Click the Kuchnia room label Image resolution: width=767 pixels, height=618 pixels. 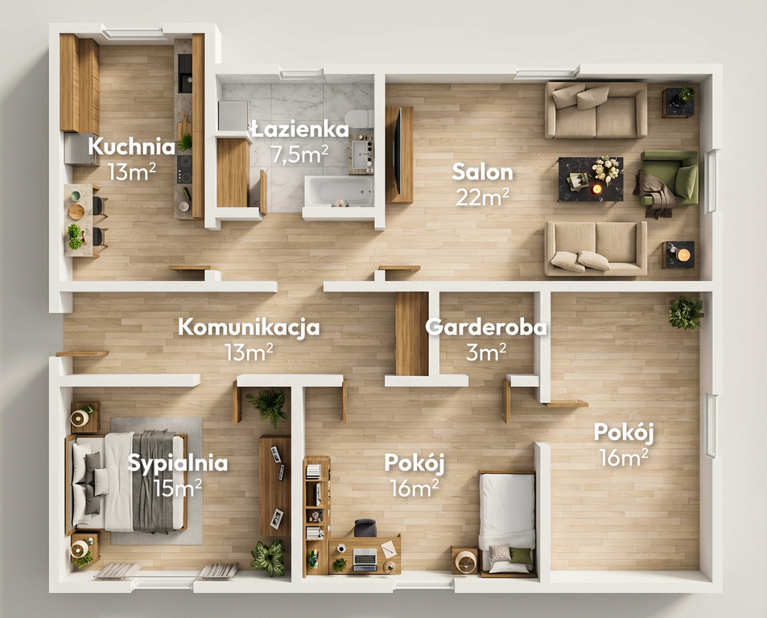click(x=131, y=146)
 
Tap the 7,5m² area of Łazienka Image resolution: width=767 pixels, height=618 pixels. click(x=299, y=154)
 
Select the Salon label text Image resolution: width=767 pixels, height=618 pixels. click(x=482, y=172)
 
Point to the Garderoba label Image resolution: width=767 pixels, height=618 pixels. click(x=486, y=328)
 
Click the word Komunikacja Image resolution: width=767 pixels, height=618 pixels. click(x=249, y=328)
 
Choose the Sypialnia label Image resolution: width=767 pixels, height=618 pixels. click(x=178, y=463)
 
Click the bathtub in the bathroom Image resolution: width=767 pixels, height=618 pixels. click(x=340, y=191)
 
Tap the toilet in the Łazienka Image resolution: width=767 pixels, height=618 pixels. click(x=360, y=119)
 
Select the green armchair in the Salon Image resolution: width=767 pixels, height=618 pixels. click(x=669, y=178)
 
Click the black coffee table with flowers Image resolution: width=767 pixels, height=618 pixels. click(x=591, y=179)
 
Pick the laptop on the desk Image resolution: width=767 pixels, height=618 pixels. click(x=365, y=558)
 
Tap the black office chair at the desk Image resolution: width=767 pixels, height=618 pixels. click(x=365, y=528)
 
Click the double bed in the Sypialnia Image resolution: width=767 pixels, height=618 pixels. click(x=126, y=481)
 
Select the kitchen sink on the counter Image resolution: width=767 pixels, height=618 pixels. click(x=185, y=73)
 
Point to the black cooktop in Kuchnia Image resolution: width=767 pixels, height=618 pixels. click(x=184, y=169)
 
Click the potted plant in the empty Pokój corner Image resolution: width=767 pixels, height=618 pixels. click(x=686, y=312)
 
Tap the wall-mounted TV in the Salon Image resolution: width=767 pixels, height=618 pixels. click(x=398, y=151)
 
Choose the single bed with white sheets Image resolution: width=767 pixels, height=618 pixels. click(x=507, y=523)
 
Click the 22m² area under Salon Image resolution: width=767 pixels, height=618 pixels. click(x=482, y=197)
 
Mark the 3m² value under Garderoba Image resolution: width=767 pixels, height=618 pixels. click(x=486, y=352)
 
